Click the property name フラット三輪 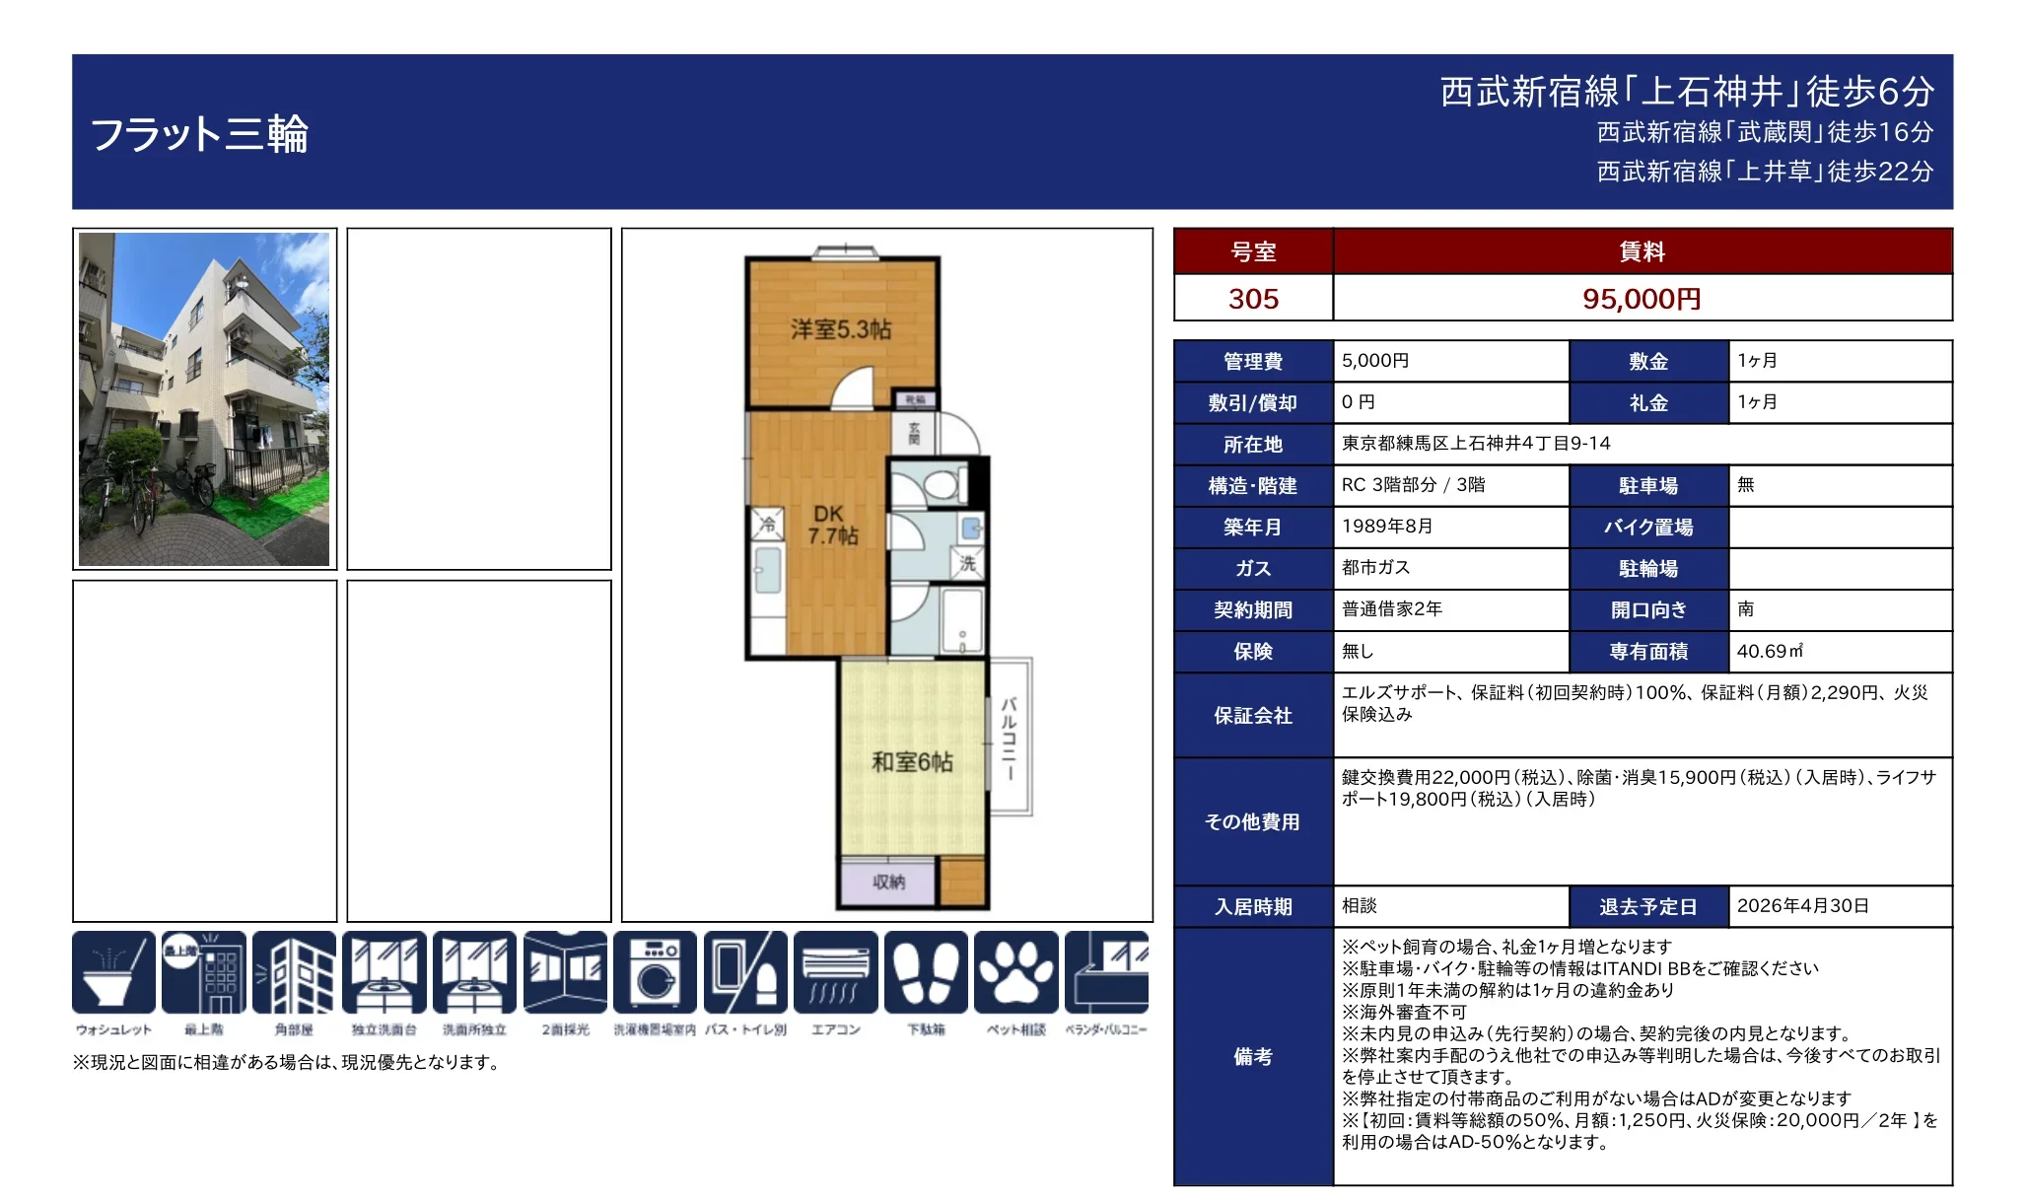[x=199, y=134]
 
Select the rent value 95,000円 [x=1642, y=299]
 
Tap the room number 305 [x=1253, y=299]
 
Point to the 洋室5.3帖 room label [x=840, y=329]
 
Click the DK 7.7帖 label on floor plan [x=832, y=526]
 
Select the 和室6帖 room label [x=912, y=762]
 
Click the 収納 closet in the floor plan [x=888, y=883]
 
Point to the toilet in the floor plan [x=938, y=484]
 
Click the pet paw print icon [x=1015, y=973]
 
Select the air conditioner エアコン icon [x=835, y=973]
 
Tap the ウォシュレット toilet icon [x=113, y=973]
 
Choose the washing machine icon [x=655, y=973]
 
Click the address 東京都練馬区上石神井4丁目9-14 [x=1476, y=444]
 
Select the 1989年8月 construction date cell [x=1387, y=527]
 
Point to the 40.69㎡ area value [x=1770, y=652]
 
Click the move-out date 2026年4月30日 [x=1802, y=906]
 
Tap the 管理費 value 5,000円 [x=1375, y=361]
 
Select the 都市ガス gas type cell [x=1375, y=568]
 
